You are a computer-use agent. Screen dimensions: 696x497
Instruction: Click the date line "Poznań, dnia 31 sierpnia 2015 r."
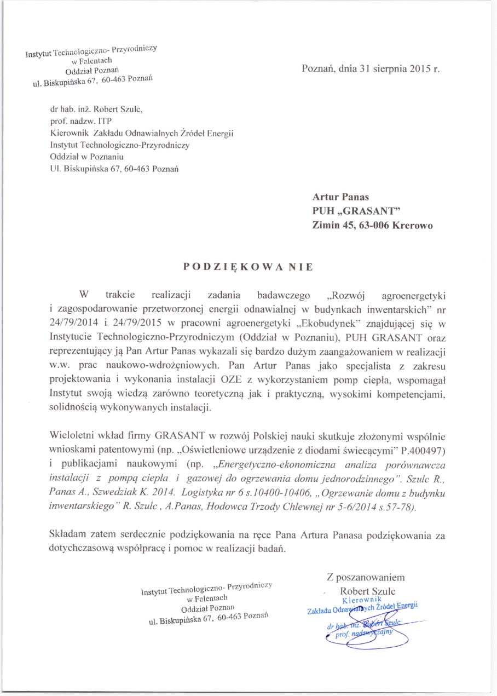(371, 70)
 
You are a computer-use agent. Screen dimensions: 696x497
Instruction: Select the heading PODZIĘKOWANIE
(248, 267)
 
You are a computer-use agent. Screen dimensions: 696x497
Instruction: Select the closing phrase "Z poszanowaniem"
(365, 577)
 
